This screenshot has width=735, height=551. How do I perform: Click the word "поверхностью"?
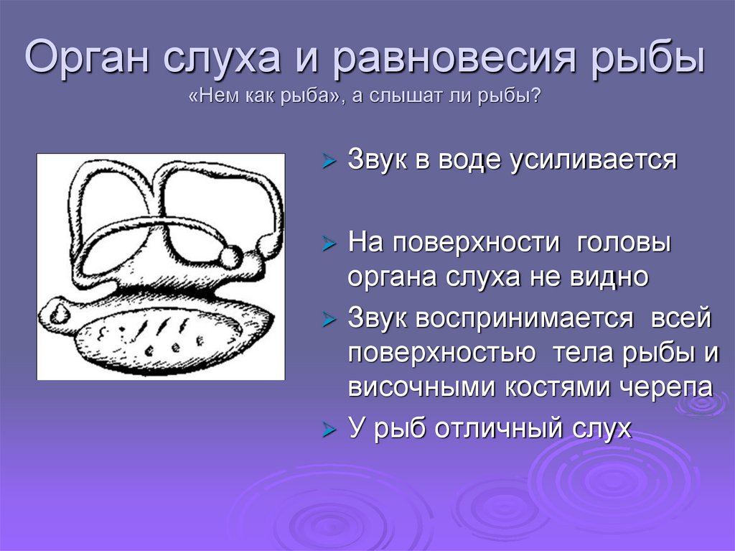(441, 353)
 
